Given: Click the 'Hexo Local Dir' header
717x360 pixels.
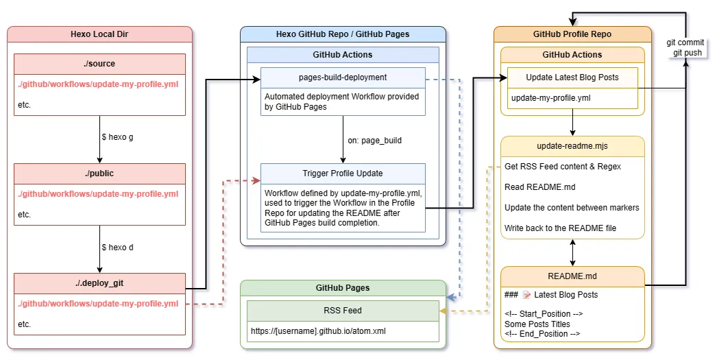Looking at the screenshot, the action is [99, 34].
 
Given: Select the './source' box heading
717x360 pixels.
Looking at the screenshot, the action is [99, 64].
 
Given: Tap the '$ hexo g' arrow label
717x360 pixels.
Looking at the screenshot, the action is [117, 137].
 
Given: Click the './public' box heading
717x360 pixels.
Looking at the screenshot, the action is [99, 173].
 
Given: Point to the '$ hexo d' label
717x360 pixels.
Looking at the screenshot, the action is [117, 248].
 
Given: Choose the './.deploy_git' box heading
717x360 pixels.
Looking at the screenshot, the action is [99, 283].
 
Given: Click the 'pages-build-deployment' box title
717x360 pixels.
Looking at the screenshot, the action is [343, 77].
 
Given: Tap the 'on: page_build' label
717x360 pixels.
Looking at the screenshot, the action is [374, 141].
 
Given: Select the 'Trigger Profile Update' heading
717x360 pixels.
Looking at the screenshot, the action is [343, 173].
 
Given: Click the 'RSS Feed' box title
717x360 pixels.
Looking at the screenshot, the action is [343, 311].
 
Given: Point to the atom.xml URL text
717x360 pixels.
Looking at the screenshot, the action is [318, 331].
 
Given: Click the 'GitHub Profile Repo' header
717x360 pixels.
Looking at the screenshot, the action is [572, 34].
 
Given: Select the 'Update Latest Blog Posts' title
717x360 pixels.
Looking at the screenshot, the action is [572, 77].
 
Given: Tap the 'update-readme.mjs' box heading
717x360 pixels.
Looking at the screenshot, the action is [572, 146].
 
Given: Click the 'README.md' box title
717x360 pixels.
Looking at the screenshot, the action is [572, 276].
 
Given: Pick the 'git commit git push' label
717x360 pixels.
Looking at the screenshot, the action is [685, 47].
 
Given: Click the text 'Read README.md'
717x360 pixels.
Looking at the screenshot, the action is [539, 187].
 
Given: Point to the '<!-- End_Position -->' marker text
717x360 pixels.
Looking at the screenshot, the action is [542, 334].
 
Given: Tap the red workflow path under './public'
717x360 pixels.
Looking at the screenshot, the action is [98, 194].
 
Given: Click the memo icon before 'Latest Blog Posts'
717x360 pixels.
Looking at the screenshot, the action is [526, 295].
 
